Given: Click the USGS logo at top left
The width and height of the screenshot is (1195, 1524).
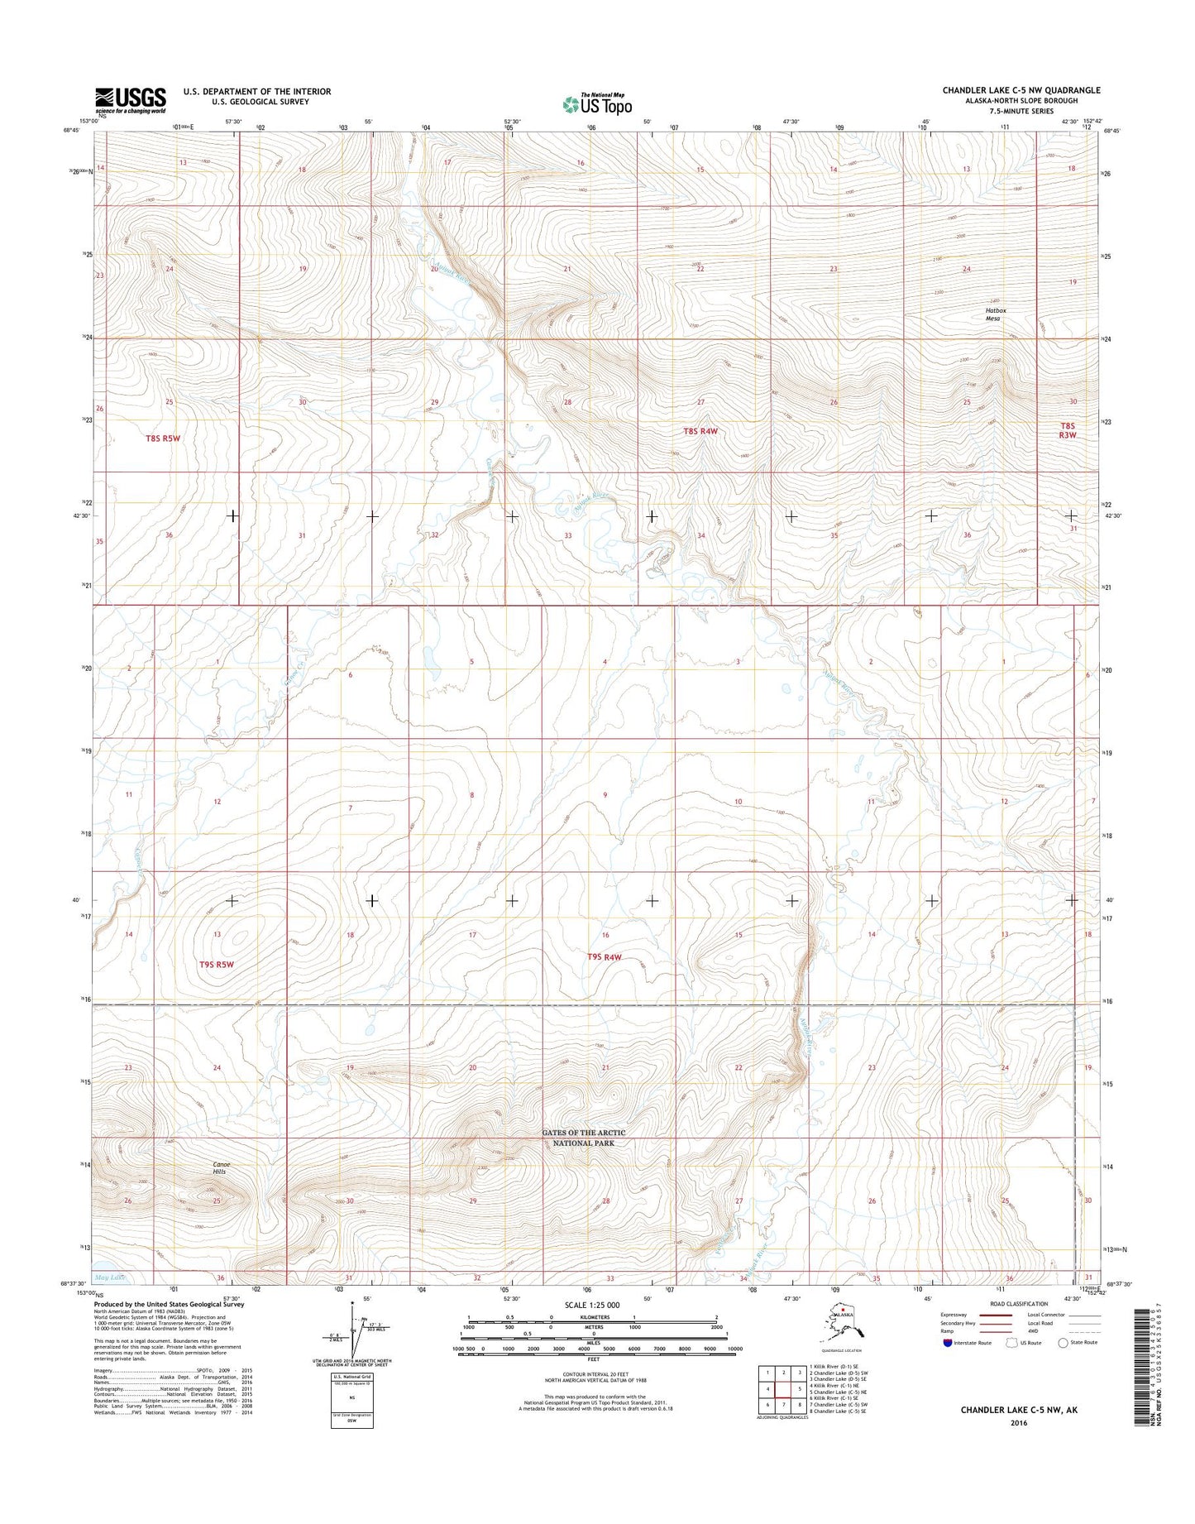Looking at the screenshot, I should [130, 100].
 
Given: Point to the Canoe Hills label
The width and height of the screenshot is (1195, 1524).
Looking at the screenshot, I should [222, 1168].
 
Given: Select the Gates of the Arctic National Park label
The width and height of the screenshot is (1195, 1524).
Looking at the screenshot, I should [584, 1137].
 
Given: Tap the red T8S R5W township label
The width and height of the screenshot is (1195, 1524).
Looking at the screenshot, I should [162, 439].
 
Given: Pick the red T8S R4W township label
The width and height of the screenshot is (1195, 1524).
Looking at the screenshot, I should [700, 431].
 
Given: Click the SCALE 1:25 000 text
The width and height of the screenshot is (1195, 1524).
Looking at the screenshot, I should [590, 1305].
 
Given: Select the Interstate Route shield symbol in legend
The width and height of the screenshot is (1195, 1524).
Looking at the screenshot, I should [948, 1342].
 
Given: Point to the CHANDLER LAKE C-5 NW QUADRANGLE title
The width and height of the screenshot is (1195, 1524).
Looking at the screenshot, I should [1021, 90].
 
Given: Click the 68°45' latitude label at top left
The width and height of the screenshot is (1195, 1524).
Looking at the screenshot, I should [72, 130].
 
